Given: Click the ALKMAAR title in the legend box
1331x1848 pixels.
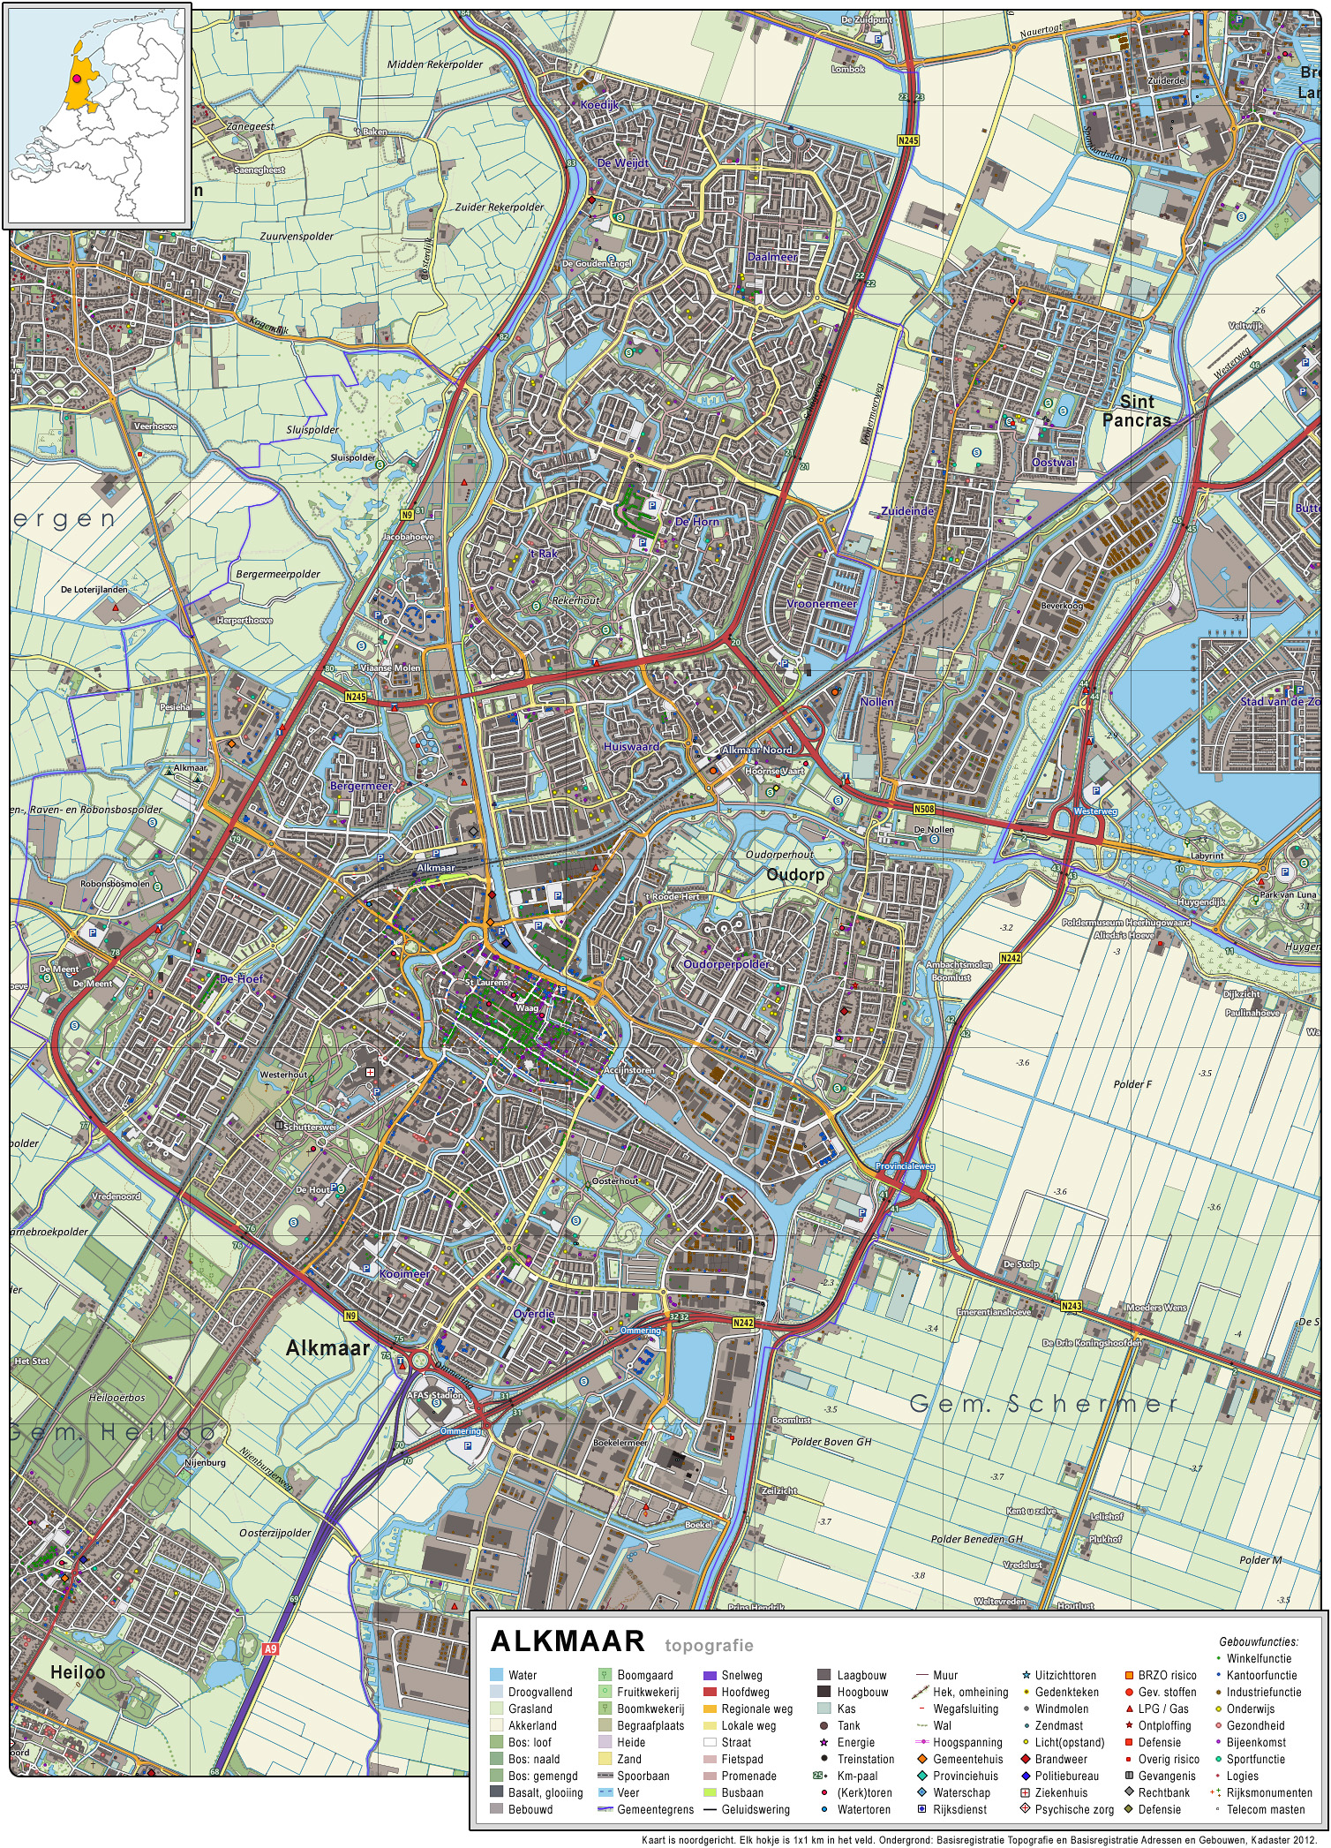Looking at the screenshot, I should pos(568,1641).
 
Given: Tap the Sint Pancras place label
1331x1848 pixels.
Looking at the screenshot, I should pos(1137,411).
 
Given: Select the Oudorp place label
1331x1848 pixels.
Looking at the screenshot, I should pos(795,874).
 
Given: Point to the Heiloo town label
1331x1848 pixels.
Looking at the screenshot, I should pos(78,1671).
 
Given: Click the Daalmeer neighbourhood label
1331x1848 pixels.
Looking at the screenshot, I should pos(772,257).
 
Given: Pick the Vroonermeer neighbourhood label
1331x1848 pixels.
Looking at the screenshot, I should pos(821,604).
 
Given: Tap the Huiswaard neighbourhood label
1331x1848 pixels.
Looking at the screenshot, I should pos(631,747).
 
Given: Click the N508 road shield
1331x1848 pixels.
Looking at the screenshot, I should pos(923,808).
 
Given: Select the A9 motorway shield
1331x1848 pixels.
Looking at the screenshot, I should pos(270,1648).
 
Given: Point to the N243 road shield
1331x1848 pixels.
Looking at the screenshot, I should pos(1071,1306).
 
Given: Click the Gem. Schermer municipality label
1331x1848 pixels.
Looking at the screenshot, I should pos(1043,1403).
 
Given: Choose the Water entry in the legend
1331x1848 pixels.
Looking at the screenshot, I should pos(522,1675).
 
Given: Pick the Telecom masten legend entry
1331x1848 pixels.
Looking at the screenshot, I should pos(1265,1809).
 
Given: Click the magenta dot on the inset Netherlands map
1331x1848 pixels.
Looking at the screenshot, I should pos(78,79).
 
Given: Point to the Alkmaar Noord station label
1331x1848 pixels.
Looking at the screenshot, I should pos(756,750).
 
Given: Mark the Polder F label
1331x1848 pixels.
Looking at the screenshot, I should pos(1132,1083).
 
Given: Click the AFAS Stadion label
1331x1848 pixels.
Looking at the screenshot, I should pos(434,1395).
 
